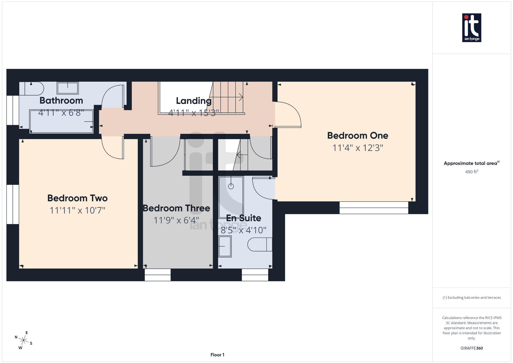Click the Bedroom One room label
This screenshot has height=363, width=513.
[x=357, y=136]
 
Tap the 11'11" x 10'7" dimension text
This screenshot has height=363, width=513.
[x=77, y=210]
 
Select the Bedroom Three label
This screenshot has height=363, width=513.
[x=176, y=208]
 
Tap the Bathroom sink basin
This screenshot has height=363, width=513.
[x=68, y=88]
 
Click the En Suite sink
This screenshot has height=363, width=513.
[x=225, y=246]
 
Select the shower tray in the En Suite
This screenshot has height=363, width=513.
[x=231, y=197]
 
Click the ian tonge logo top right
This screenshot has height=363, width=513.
[x=471, y=28]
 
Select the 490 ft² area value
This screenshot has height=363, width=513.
[x=471, y=172]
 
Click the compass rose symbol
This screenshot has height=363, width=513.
[x=24, y=340]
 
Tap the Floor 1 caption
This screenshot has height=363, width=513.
[x=217, y=355]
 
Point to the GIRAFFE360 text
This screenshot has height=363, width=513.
[x=471, y=348]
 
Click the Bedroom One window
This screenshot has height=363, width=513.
[x=374, y=208]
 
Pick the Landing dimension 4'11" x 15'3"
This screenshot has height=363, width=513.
[x=193, y=113]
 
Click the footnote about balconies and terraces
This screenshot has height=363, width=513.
[x=471, y=298]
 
